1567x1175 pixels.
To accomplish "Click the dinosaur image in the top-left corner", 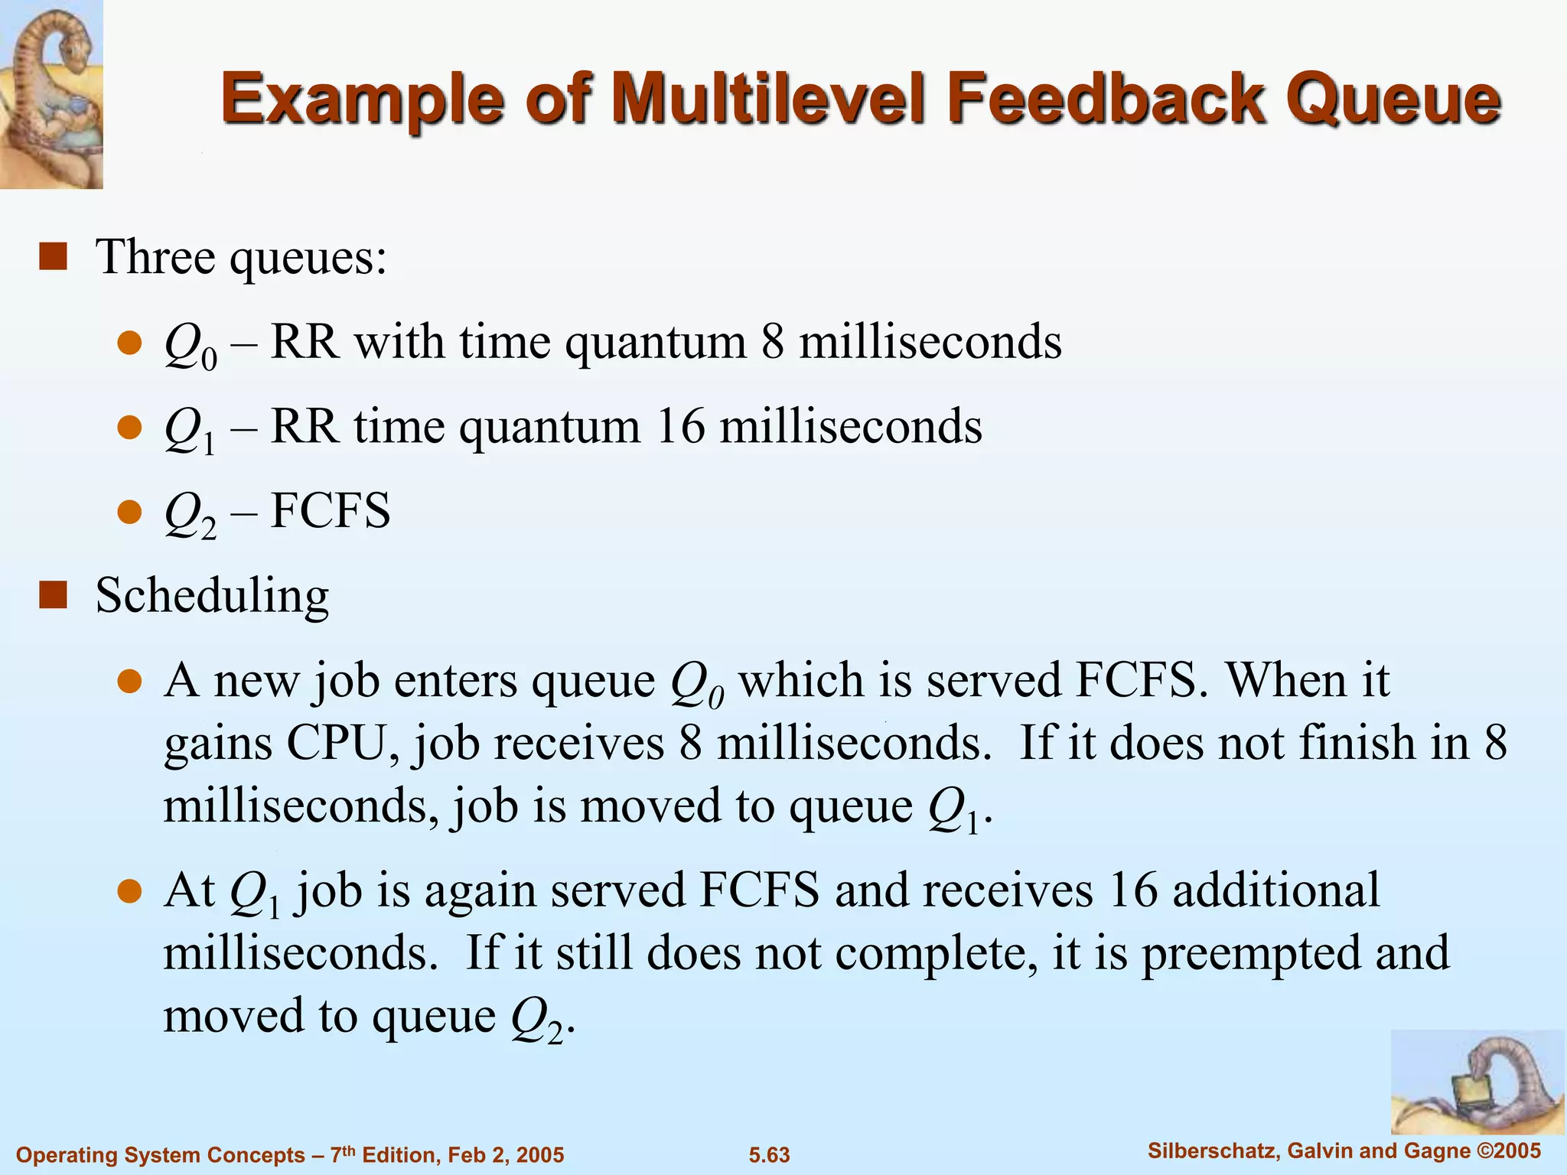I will [x=51, y=93].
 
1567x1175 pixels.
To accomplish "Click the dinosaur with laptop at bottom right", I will [x=1477, y=1082].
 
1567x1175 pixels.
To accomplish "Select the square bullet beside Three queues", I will [x=53, y=257].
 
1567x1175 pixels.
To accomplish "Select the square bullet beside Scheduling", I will [x=53, y=595].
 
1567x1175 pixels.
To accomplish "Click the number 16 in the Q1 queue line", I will [x=680, y=426].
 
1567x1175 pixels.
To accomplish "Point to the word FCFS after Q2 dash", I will [x=331, y=511].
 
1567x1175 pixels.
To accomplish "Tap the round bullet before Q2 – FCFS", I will [x=131, y=511].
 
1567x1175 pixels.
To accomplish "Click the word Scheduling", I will [x=212, y=595].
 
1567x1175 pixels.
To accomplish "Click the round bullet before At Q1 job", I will [x=131, y=891].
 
